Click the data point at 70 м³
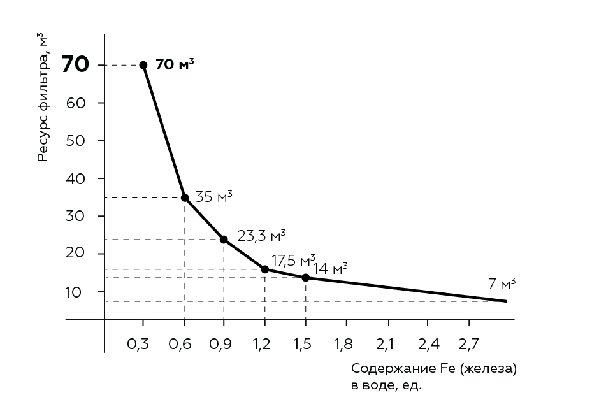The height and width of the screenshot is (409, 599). pos(143,65)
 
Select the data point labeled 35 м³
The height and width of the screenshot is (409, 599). pos(185,197)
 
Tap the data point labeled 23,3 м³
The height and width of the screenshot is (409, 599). pos(224,240)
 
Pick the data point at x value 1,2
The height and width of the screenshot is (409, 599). pos(265,269)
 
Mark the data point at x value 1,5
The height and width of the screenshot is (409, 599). pos(306,278)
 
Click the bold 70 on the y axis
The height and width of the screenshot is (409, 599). pos(75,65)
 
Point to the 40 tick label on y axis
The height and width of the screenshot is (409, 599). pos(75,178)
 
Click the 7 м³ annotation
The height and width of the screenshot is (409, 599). pos(502,284)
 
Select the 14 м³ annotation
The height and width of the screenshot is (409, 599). pos(331,269)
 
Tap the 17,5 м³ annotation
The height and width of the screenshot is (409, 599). pos(293,261)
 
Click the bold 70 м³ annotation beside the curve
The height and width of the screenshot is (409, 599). pos(175,64)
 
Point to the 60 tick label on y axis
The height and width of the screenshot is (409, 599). pos(75,103)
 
